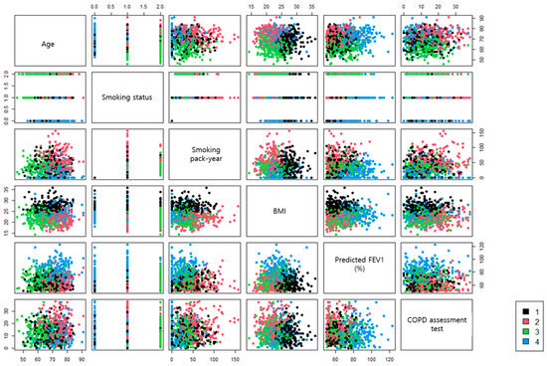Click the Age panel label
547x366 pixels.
click(x=47, y=43)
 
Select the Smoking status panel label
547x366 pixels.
click(x=126, y=96)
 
